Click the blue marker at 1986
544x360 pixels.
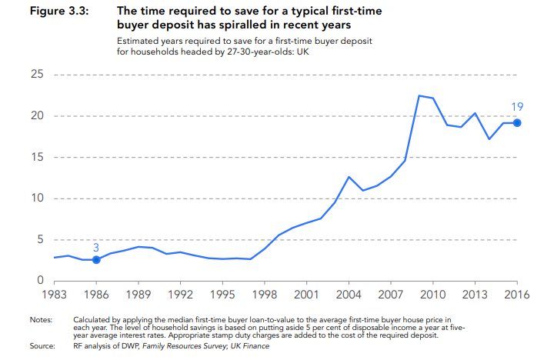(96, 260)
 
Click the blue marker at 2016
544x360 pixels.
(518, 123)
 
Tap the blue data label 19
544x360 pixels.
(517, 107)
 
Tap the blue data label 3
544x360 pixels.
(96, 247)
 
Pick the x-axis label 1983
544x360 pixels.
(54, 294)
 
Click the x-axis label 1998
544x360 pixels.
(265, 294)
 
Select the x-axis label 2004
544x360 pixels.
(349, 294)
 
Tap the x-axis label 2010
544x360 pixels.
(433, 294)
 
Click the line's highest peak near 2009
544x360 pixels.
(419, 95)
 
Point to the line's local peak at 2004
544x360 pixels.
(349, 177)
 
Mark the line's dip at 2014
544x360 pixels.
(489, 139)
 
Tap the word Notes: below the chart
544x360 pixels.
(40, 318)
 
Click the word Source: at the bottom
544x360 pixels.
(42, 347)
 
